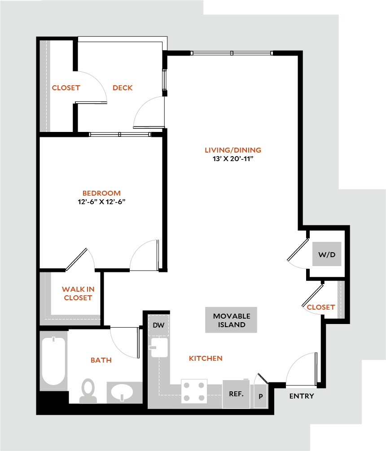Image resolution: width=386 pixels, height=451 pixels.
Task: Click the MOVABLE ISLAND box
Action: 231,320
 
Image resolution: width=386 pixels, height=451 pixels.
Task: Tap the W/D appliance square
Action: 327,254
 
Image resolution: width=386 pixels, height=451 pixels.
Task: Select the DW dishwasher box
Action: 158,325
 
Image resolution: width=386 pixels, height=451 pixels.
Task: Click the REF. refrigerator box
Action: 236,394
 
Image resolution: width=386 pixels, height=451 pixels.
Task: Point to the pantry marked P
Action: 261,396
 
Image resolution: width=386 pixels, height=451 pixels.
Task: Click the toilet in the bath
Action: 88,391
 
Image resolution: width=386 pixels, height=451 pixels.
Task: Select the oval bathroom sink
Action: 122,392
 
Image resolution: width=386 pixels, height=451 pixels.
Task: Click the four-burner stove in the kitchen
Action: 194,391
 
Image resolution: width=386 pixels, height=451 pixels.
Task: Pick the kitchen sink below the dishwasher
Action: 159,347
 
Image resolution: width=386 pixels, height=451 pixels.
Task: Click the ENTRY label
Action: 302,396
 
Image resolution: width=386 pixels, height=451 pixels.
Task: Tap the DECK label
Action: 123,88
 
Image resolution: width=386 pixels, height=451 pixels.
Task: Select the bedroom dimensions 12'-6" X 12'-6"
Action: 101,202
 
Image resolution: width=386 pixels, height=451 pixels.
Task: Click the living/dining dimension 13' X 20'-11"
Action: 233,159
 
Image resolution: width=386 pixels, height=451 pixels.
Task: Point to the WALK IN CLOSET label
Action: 78,293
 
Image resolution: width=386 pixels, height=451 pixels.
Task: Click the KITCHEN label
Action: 206,359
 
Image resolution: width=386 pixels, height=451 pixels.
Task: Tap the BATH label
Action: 101,360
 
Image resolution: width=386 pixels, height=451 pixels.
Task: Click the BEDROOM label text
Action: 101,193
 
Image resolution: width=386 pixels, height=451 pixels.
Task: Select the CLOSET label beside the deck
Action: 66,88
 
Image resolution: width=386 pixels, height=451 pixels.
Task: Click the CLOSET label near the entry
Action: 321,307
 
